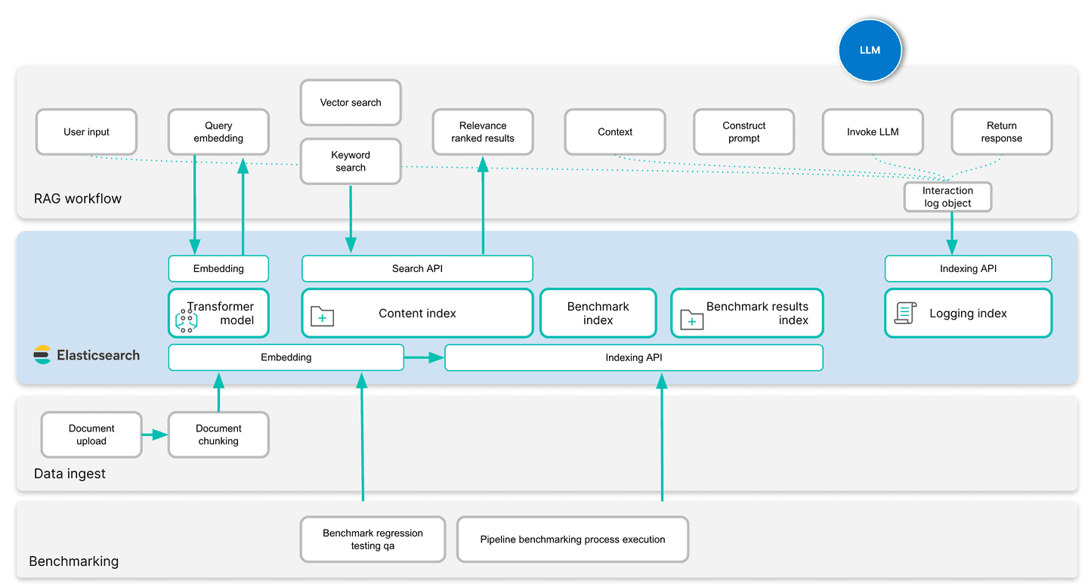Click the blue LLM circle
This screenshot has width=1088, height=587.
pyautogui.click(x=870, y=50)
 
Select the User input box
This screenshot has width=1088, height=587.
pyautogui.click(x=86, y=132)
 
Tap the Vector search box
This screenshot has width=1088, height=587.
pyautogui.click(x=351, y=103)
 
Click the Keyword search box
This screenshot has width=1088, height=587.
pyautogui.click(x=351, y=162)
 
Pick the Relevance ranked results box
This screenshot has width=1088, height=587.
pyautogui.click(x=483, y=132)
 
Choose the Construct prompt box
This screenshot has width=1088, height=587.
pyautogui.click(x=743, y=132)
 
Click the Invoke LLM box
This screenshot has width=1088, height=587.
pyautogui.click(x=872, y=132)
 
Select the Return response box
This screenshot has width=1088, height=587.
pyautogui.click(x=1001, y=132)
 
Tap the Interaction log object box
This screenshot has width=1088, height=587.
pyautogui.click(x=947, y=197)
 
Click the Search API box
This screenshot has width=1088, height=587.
pyautogui.click(x=417, y=269)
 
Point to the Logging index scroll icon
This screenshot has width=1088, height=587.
pyautogui.click(x=905, y=313)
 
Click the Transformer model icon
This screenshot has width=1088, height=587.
pyautogui.click(x=186, y=320)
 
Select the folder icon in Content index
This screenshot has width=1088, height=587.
pyautogui.click(x=323, y=317)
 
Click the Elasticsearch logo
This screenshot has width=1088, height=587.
pyautogui.click(x=42, y=355)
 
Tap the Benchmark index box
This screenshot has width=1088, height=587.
pyautogui.click(x=598, y=314)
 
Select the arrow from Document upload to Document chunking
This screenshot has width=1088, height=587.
pyautogui.click(x=155, y=434)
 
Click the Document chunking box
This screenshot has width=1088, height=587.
pyautogui.click(x=218, y=435)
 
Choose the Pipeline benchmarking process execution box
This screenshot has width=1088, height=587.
pyautogui.click(x=573, y=539)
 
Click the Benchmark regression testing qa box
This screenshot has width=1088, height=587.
pyautogui.click(x=372, y=539)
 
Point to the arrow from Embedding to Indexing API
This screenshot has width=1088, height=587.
pyautogui.click(x=424, y=357)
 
